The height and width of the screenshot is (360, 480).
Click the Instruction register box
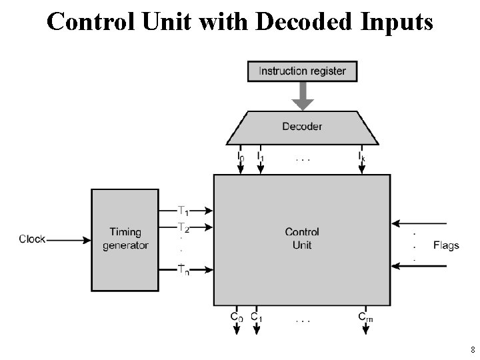point(302,71)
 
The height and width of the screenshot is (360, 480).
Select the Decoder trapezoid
point(302,126)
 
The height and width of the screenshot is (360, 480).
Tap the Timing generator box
point(125,239)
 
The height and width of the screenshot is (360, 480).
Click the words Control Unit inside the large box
point(302,239)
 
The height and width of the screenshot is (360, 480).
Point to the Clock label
point(32,239)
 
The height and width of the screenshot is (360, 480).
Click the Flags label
point(446,245)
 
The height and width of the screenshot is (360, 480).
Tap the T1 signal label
point(183,211)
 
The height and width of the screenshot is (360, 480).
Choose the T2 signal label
point(183,227)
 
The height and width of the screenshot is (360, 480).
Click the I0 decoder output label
point(241,158)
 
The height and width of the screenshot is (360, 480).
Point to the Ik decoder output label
point(361,158)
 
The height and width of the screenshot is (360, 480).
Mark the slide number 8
point(472,349)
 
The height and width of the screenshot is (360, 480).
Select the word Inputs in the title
point(397,22)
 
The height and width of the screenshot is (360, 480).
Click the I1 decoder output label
point(260,158)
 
